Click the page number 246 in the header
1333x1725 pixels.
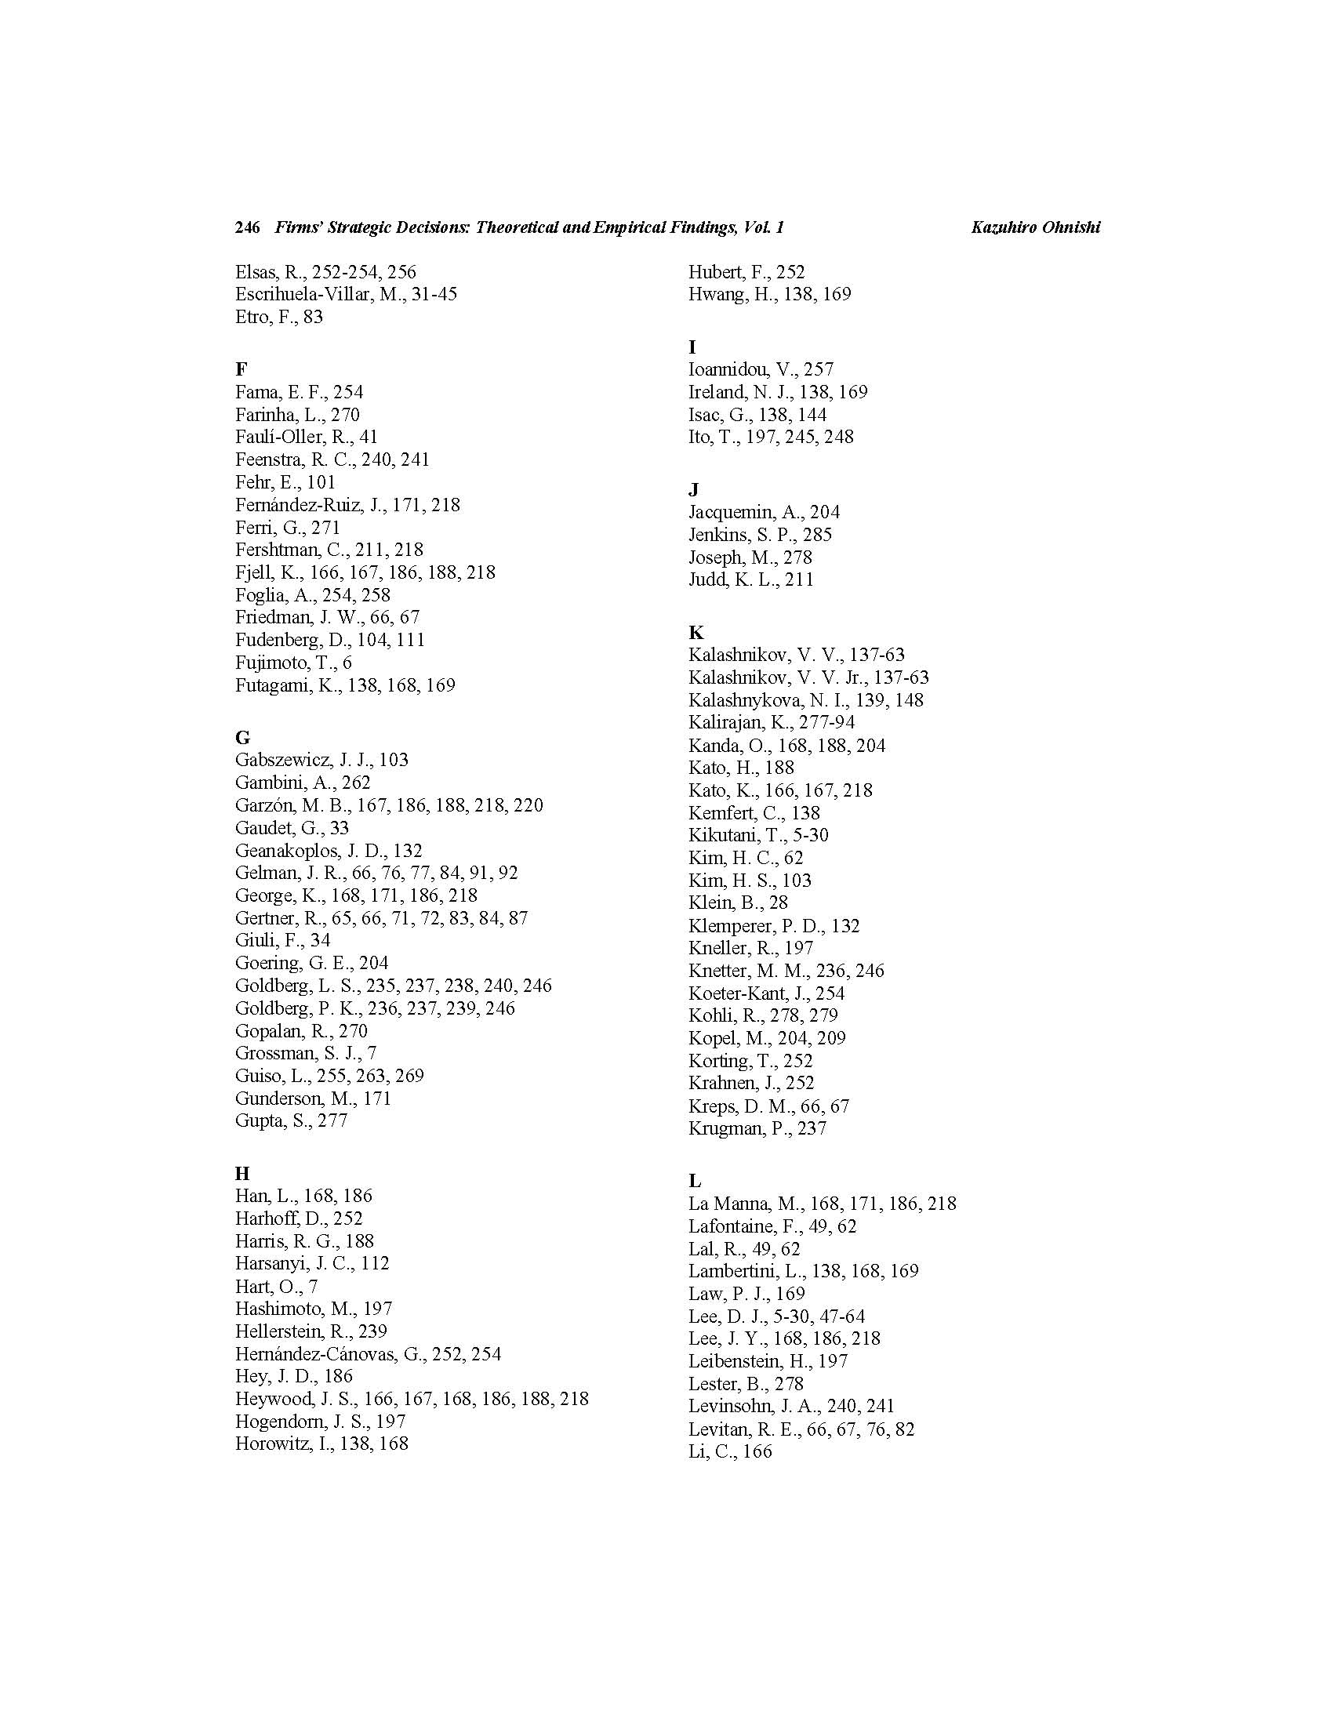[x=247, y=227]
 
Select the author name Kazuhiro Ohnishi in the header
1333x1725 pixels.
[x=1035, y=227]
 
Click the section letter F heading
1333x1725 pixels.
[x=241, y=369]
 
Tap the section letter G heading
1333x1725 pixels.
[x=242, y=737]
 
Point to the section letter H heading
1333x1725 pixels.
[x=242, y=1173]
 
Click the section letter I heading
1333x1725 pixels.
[x=692, y=347]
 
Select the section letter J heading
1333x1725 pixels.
[x=693, y=490]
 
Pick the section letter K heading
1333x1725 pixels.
[x=696, y=632]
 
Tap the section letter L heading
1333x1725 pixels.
[x=695, y=1181]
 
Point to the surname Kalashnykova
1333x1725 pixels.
[x=745, y=699]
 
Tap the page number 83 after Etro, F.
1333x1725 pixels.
[x=313, y=317]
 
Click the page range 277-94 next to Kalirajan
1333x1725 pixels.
[x=826, y=722]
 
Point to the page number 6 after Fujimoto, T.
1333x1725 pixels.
[x=347, y=662]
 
